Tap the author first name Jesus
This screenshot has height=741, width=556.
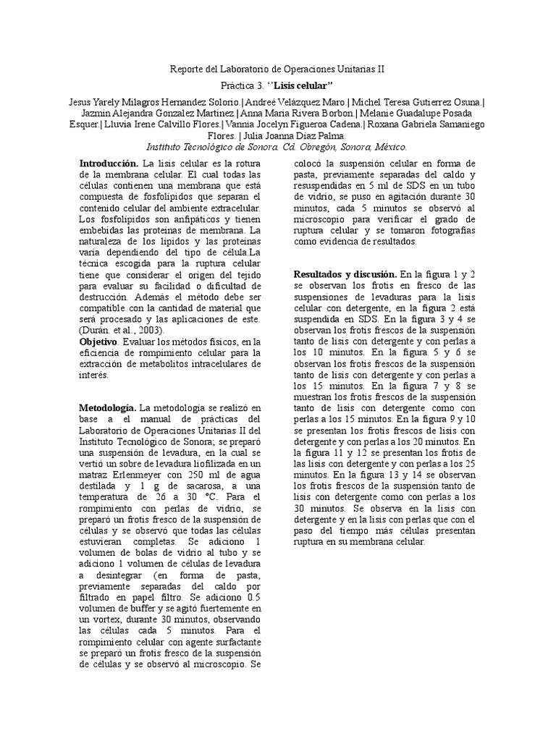[x=81, y=102]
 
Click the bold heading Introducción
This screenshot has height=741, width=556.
[x=109, y=165]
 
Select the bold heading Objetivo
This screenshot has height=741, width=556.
[x=98, y=341]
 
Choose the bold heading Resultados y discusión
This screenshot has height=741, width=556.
[x=345, y=274]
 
